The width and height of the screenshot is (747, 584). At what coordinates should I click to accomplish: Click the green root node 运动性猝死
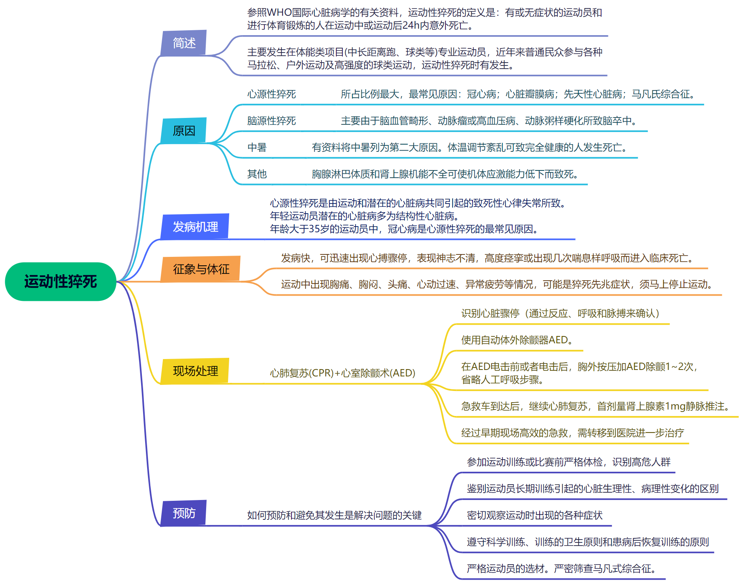coord(61,281)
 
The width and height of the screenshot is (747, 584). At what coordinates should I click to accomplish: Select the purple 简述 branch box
coord(184,43)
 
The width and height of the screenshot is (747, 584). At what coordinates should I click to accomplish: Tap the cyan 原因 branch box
coord(184,130)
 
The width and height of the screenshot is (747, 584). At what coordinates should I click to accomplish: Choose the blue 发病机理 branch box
coord(195,227)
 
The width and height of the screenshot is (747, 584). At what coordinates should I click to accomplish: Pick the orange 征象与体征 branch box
coord(201,269)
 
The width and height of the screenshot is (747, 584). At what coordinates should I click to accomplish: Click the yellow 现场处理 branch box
coord(195,371)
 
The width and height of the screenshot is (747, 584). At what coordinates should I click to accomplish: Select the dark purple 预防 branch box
coord(184,513)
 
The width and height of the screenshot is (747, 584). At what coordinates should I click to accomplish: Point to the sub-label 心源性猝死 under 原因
coord(272,94)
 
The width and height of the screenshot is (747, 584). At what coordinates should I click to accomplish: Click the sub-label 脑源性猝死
coord(272,121)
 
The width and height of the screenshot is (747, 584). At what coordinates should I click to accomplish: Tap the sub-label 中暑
coord(257,147)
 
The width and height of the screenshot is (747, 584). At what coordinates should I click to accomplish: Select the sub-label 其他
coord(257,174)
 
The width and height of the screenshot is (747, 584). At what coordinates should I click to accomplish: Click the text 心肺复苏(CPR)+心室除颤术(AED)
coord(342,373)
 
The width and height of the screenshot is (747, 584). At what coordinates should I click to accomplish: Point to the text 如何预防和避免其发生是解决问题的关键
coord(334,515)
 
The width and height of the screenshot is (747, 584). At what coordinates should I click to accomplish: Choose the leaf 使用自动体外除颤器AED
coord(517,340)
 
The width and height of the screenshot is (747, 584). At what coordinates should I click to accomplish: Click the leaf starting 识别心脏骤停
coord(560,313)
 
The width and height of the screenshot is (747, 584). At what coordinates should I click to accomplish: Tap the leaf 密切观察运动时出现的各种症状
coord(534,515)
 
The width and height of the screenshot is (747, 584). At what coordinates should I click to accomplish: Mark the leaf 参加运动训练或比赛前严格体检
coord(568,462)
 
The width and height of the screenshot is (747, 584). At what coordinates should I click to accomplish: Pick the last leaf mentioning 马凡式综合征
coord(561,569)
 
